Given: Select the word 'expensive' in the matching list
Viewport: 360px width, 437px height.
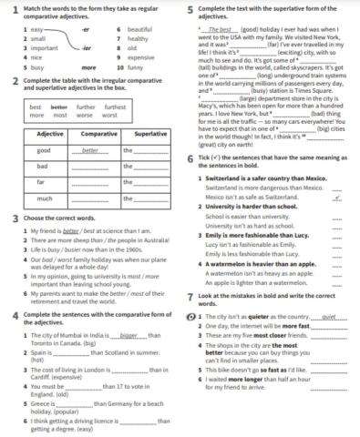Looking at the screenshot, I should tap(143, 57).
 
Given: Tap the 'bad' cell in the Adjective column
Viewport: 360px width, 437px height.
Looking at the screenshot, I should tap(43, 166).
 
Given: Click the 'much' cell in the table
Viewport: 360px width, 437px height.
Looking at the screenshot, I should tap(44, 198).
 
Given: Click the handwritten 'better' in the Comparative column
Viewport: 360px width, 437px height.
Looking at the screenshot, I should tap(89, 150).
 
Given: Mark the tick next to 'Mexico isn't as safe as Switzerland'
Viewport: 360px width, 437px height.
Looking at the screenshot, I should tap(337, 197).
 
